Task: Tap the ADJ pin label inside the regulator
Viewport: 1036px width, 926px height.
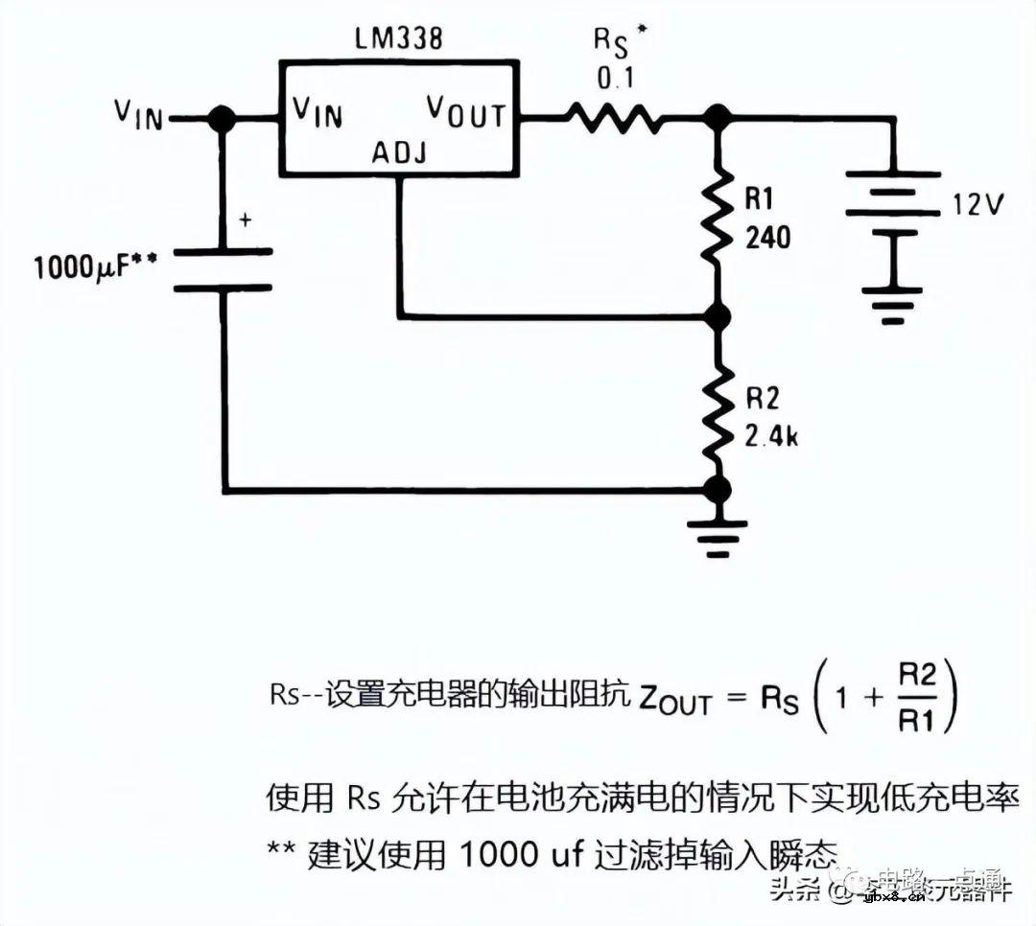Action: pyautogui.click(x=400, y=152)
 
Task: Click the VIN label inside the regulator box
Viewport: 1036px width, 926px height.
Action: pyautogui.click(x=317, y=113)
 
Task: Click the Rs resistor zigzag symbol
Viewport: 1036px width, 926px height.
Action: pyautogui.click(x=614, y=119)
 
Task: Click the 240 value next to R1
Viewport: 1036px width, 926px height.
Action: pyautogui.click(x=767, y=237)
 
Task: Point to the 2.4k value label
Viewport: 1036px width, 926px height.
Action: pyautogui.click(x=772, y=437)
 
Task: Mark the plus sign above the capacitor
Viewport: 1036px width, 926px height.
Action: pyautogui.click(x=245, y=220)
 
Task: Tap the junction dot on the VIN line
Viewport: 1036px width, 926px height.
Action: pyautogui.click(x=223, y=119)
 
